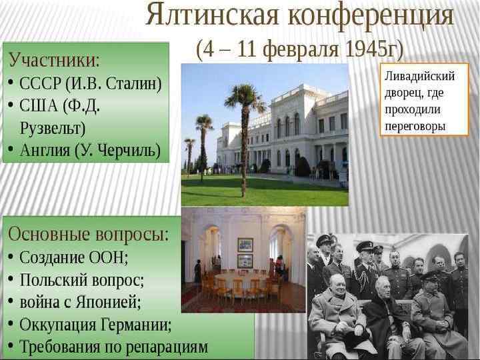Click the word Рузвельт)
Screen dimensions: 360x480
coord(53,127)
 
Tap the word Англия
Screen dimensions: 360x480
coord(45,150)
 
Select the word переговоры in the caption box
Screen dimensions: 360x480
coord(415,125)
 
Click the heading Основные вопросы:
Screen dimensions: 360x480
coord(89,235)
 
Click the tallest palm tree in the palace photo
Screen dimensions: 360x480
coord(245,133)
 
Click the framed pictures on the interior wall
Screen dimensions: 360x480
coord(245,252)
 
